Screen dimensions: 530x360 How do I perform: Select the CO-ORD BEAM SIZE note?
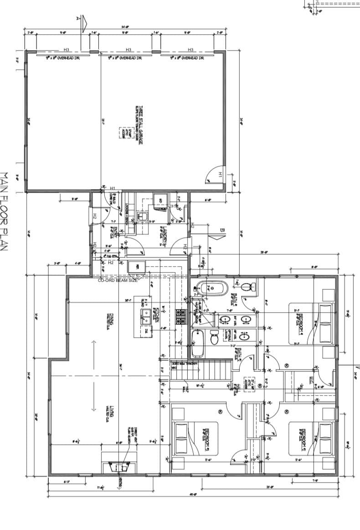(x=118, y=281)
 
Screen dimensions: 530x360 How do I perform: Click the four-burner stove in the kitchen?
(x=181, y=317)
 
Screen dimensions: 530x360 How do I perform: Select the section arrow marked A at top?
(x=82, y=22)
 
